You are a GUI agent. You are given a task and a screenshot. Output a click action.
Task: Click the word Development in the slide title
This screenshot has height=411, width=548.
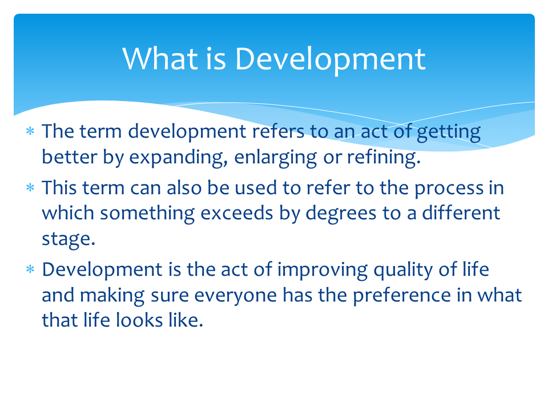[x=330, y=59]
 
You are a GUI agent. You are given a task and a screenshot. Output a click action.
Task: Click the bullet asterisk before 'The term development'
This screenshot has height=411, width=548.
[x=30, y=132]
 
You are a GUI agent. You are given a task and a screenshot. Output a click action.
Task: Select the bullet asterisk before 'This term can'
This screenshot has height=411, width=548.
[x=30, y=188]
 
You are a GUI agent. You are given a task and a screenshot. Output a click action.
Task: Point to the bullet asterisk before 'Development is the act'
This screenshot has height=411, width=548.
[x=30, y=270]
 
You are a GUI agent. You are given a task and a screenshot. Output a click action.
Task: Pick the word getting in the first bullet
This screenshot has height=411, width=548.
[x=449, y=132]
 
